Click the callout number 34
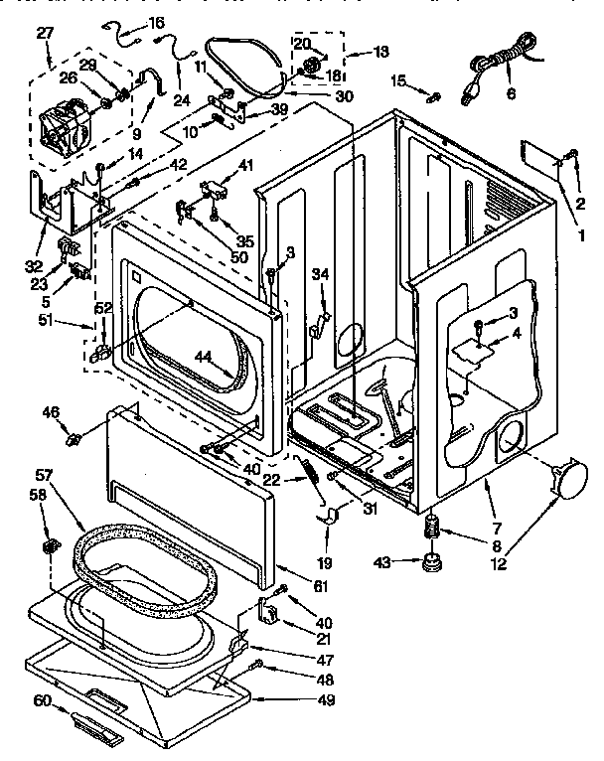(319, 273)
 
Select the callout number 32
(38, 266)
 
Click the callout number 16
(156, 22)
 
